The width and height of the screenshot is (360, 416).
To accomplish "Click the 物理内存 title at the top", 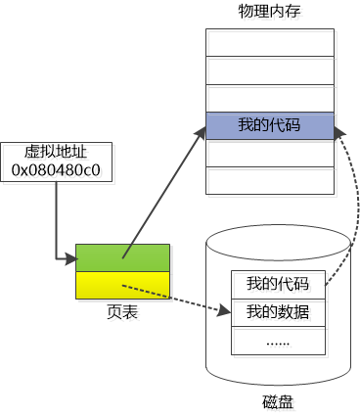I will point(270,11).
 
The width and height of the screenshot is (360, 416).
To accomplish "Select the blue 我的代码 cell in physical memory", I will point(270,125).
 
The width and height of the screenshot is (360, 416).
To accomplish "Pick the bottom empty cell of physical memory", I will point(270,181).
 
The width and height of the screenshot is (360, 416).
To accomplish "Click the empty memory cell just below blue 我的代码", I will point(270,154).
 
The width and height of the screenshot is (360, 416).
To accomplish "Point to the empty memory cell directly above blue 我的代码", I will point(270,99).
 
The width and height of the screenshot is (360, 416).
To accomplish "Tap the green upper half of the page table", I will point(124,257).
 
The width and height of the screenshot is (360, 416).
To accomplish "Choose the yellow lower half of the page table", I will point(124,285).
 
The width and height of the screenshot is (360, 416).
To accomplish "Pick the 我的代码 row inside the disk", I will point(278,284).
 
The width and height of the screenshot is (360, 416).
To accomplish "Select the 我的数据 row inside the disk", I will point(278,312).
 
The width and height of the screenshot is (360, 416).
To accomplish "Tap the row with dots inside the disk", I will point(278,341).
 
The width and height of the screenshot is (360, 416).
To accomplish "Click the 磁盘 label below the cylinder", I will point(278,402).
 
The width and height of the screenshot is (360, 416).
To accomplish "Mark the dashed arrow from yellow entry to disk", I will point(176,300).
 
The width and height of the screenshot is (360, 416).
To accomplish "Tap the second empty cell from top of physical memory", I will point(270,71).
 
